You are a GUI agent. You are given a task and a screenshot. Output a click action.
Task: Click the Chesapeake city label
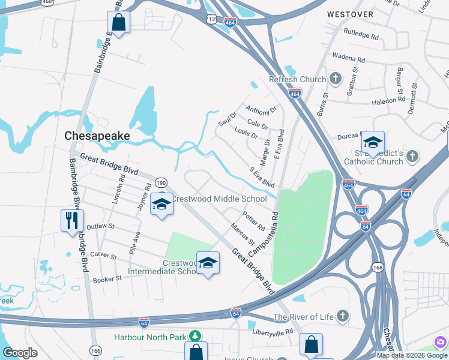coord(97,136)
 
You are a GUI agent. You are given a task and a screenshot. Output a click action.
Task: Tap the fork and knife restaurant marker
coord(70,220)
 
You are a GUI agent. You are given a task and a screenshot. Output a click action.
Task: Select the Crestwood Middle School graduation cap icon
coord(161,205)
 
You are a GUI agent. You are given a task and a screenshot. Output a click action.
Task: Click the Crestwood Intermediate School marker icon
coord(208,263)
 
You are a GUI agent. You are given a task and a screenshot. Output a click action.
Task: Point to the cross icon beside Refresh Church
coord(336,79)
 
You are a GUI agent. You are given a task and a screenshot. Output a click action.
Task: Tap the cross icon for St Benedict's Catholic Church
coord(412,157)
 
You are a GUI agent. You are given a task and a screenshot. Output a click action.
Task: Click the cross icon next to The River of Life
coord(342,316)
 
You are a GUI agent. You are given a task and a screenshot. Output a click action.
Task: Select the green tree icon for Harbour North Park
coord(194,337)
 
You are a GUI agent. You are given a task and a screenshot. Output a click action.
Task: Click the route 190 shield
coord(161,182)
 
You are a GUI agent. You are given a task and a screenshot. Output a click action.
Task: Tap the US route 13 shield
coord(210,20)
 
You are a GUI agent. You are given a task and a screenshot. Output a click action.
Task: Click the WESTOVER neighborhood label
coord(350,14)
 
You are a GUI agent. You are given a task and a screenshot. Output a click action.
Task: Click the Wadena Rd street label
coord(348,60)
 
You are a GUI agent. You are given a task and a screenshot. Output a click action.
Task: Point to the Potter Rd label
coord(253,221)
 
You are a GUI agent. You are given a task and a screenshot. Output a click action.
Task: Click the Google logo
coord(20,353)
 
